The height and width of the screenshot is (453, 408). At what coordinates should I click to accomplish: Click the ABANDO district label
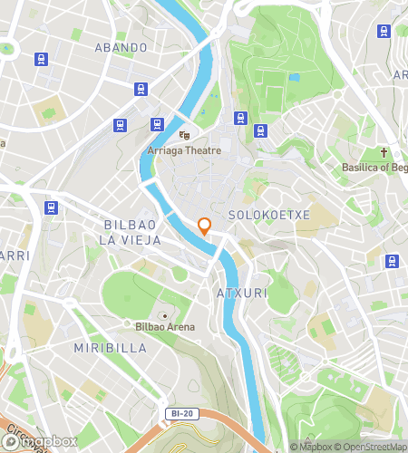click(x=121, y=47)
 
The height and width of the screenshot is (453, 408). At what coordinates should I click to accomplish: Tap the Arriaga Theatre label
click(x=185, y=150)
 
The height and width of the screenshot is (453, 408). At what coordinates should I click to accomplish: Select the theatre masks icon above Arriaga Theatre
click(x=185, y=135)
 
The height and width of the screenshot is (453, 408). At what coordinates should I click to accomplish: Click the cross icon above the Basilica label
click(x=384, y=152)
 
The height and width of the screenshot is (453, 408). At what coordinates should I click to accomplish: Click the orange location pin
click(x=205, y=226)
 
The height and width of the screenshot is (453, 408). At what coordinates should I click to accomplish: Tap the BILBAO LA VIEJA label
click(x=131, y=232)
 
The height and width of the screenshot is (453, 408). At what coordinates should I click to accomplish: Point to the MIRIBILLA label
click(x=103, y=347)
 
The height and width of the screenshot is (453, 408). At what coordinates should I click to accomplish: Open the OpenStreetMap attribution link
click(x=374, y=445)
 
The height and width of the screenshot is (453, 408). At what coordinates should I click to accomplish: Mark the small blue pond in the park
click(x=293, y=77)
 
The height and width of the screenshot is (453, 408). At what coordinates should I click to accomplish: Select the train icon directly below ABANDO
click(x=141, y=89)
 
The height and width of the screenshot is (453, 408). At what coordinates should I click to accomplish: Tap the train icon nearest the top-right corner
click(x=384, y=31)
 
